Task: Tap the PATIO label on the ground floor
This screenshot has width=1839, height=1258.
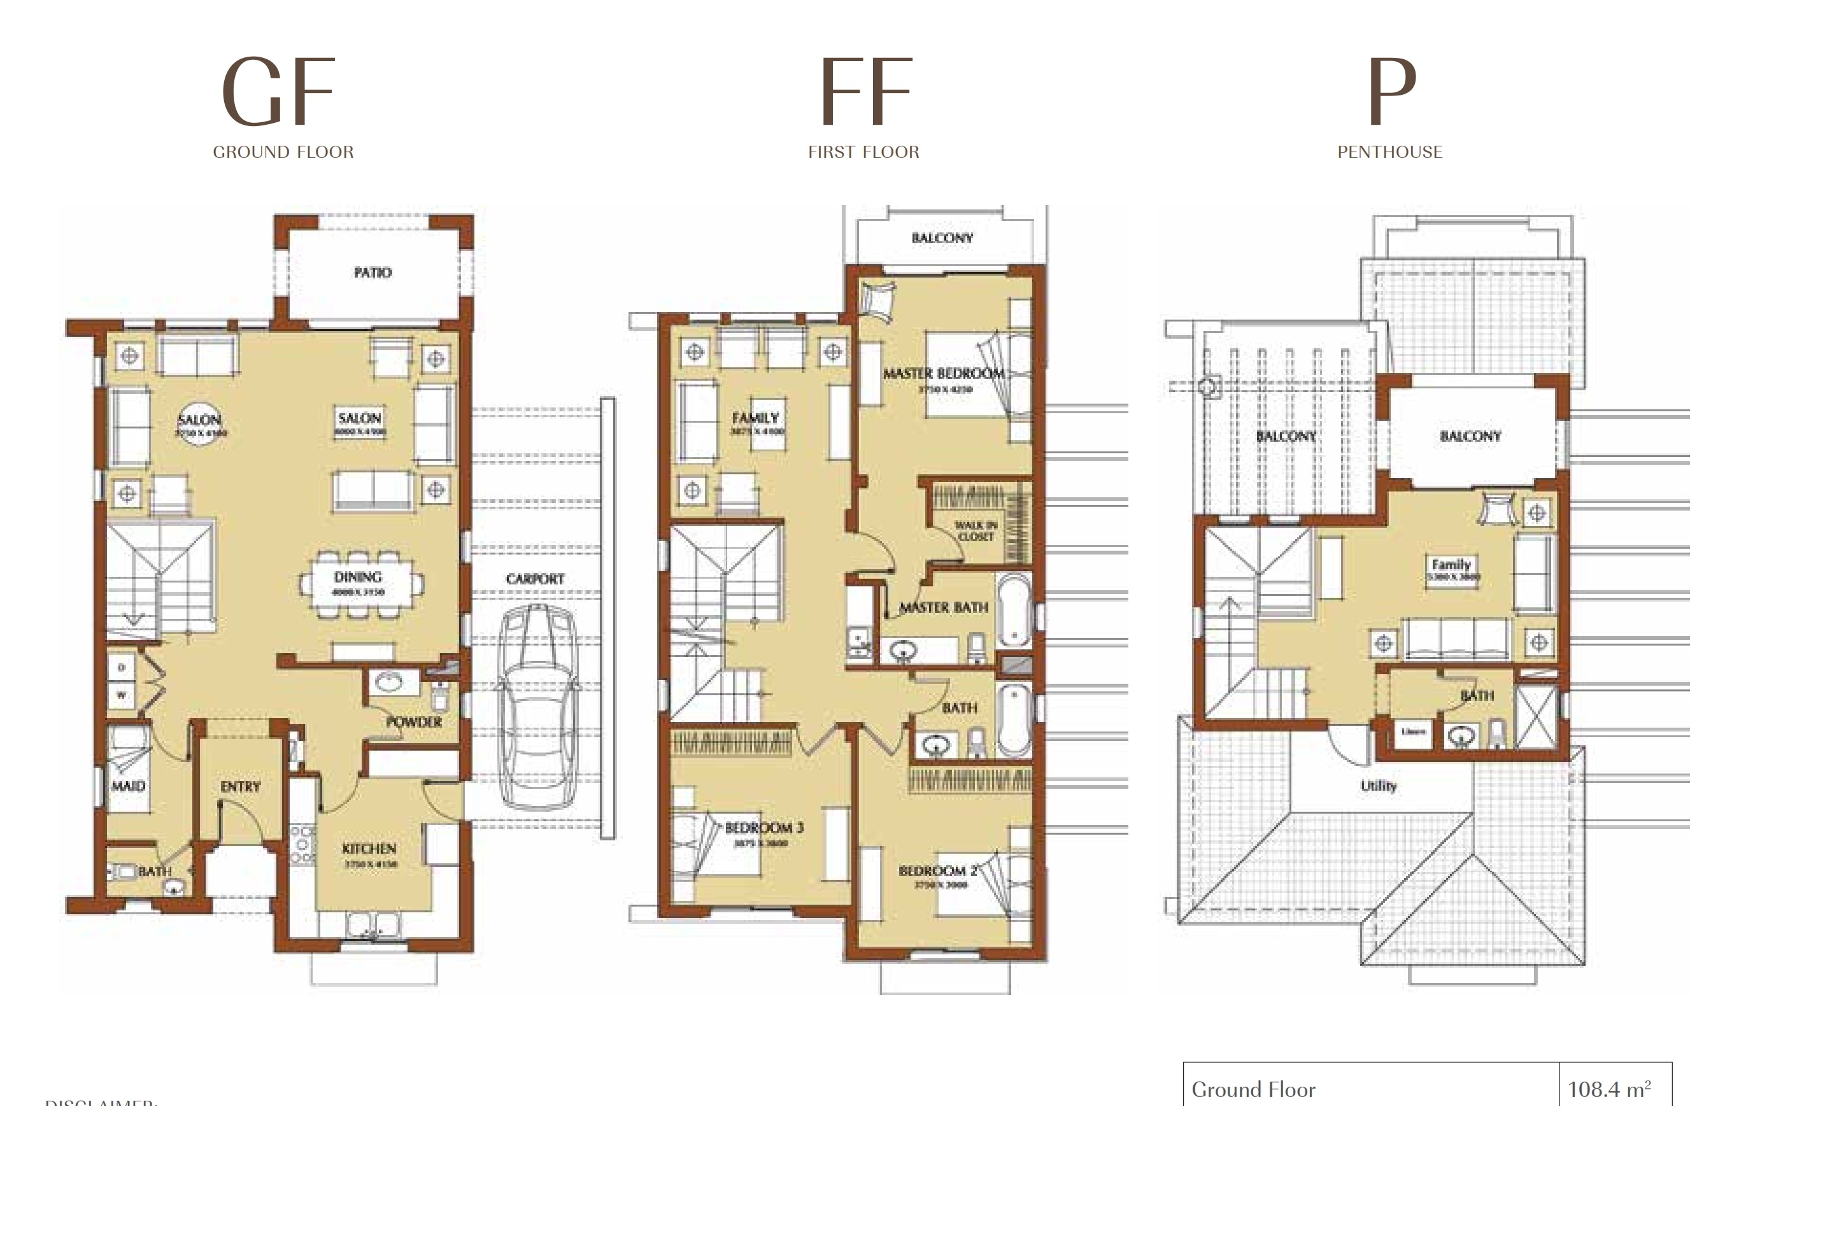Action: click(372, 272)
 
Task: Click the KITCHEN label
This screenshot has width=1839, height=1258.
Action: click(369, 848)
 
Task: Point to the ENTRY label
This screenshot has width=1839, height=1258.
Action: click(241, 786)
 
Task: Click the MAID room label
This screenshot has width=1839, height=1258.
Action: click(128, 786)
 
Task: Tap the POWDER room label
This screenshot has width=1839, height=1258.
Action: click(414, 723)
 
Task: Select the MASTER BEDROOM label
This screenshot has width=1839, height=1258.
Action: click(943, 372)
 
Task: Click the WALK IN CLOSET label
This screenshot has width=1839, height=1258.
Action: click(976, 531)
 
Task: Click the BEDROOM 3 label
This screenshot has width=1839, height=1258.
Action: click(763, 828)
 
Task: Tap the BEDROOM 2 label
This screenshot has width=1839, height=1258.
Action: click(939, 870)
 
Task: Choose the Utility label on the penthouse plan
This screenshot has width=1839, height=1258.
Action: click(1379, 786)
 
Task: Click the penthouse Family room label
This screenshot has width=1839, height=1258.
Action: click(1451, 565)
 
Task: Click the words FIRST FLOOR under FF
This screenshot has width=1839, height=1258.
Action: click(863, 152)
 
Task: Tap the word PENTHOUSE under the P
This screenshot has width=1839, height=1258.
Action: click(1389, 152)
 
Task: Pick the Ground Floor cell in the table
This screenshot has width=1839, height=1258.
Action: click(1253, 1089)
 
